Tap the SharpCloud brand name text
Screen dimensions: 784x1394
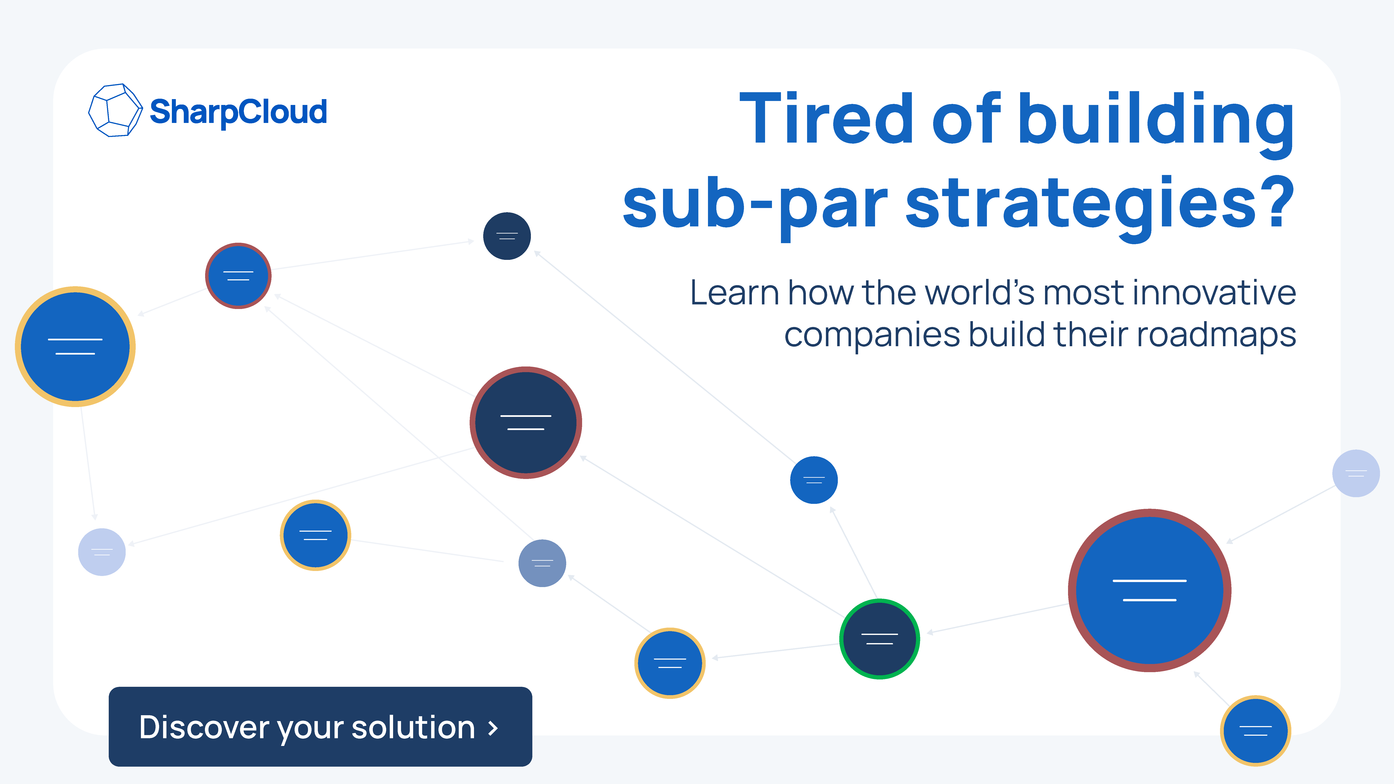[238, 111]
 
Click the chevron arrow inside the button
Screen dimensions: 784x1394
[492, 728]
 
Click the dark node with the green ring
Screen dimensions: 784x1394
[879, 639]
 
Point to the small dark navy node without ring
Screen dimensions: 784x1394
[507, 236]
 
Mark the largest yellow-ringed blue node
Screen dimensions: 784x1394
[75, 346]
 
